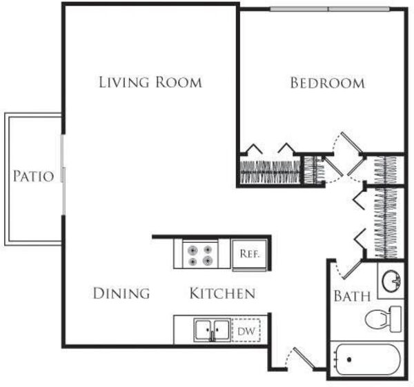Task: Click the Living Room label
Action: (x=150, y=82)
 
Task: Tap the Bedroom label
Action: (x=328, y=83)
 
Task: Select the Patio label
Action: (x=34, y=176)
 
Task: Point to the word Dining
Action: (x=121, y=293)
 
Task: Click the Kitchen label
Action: (x=223, y=293)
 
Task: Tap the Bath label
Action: (x=352, y=296)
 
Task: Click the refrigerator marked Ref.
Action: (x=250, y=254)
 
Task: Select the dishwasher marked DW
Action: (x=246, y=330)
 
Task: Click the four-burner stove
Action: (x=200, y=255)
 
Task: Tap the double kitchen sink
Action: (x=212, y=330)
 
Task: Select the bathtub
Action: (x=368, y=359)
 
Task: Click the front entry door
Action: (x=304, y=358)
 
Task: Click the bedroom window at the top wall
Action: (x=330, y=9)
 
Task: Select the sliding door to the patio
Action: (x=63, y=175)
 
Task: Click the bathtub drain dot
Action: (x=349, y=359)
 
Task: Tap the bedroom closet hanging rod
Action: (x=270, y=172)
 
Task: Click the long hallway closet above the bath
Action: (x=386, y=223)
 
